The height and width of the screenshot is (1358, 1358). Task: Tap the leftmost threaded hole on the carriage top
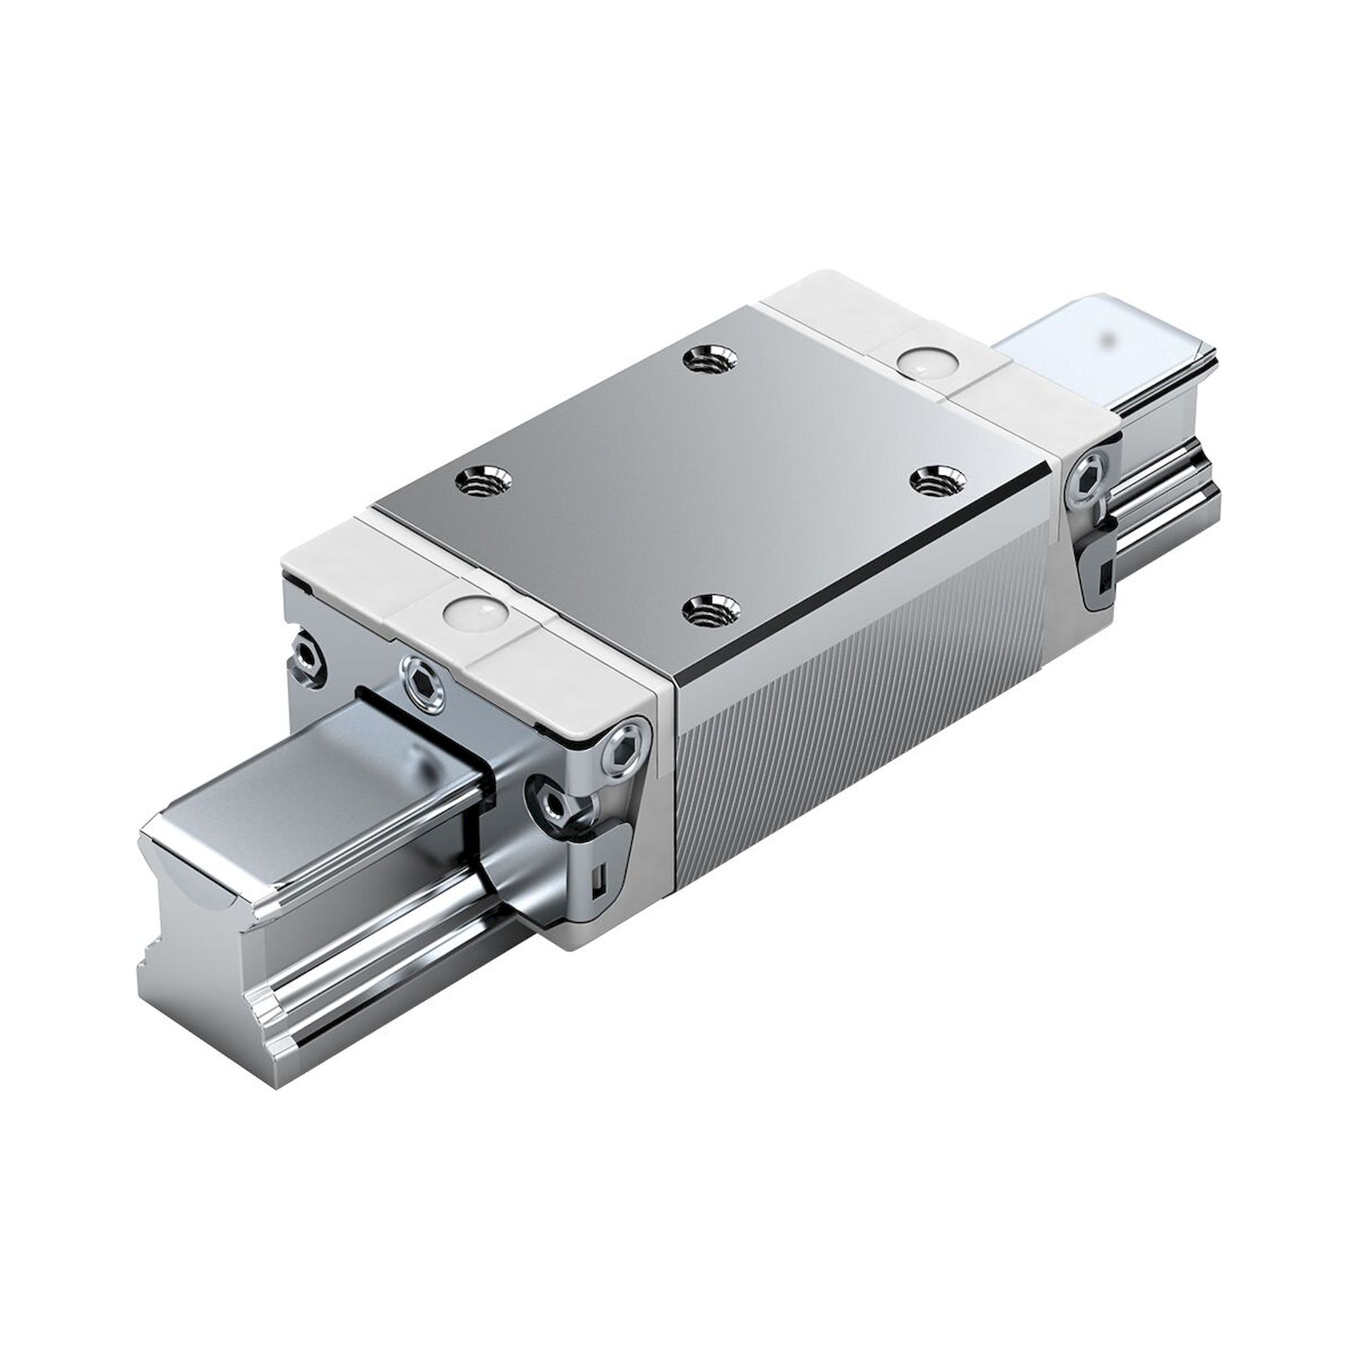tap(483, 482)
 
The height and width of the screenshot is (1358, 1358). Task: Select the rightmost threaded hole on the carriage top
tap(937, 481)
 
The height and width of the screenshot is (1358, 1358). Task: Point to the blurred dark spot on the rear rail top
tap(1111, 336)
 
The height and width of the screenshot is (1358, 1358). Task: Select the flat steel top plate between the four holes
tap(710, 485)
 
